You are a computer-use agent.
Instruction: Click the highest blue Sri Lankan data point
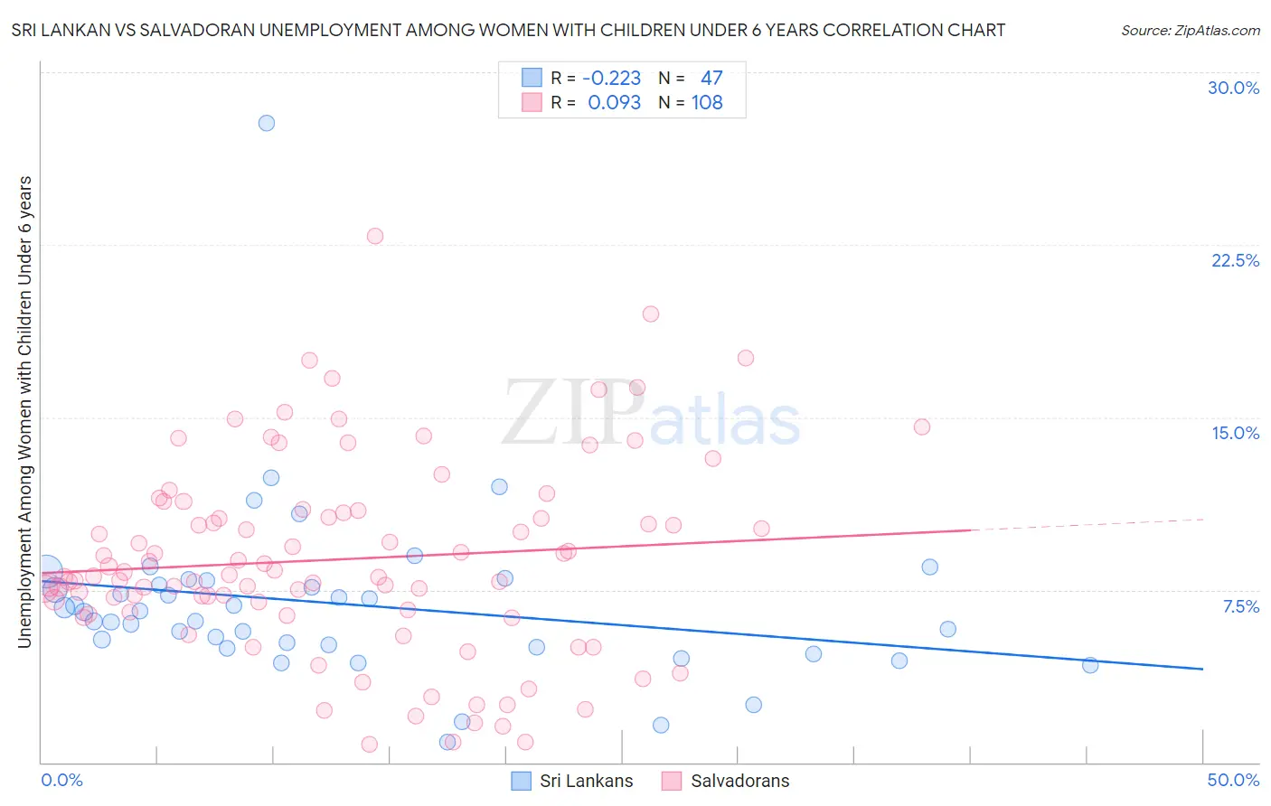267,123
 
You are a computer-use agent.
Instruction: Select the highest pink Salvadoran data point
375,236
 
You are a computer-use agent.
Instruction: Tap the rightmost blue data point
1090,665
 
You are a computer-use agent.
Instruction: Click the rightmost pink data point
922,426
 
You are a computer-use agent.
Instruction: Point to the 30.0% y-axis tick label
1233,88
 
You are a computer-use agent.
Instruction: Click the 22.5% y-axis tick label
1235,260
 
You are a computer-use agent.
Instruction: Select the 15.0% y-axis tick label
1235,433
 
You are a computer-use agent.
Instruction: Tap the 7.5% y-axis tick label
1240,606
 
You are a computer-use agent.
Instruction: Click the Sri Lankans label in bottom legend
586,781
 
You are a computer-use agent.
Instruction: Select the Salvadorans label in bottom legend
739,781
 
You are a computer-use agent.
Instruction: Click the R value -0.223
611,79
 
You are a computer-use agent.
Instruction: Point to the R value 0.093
614,103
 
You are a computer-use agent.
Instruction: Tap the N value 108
707,103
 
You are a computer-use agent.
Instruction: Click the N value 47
711,79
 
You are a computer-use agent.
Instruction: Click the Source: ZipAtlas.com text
1190,30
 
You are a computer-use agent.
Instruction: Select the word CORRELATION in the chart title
857,30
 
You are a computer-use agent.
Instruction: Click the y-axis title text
24,411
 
